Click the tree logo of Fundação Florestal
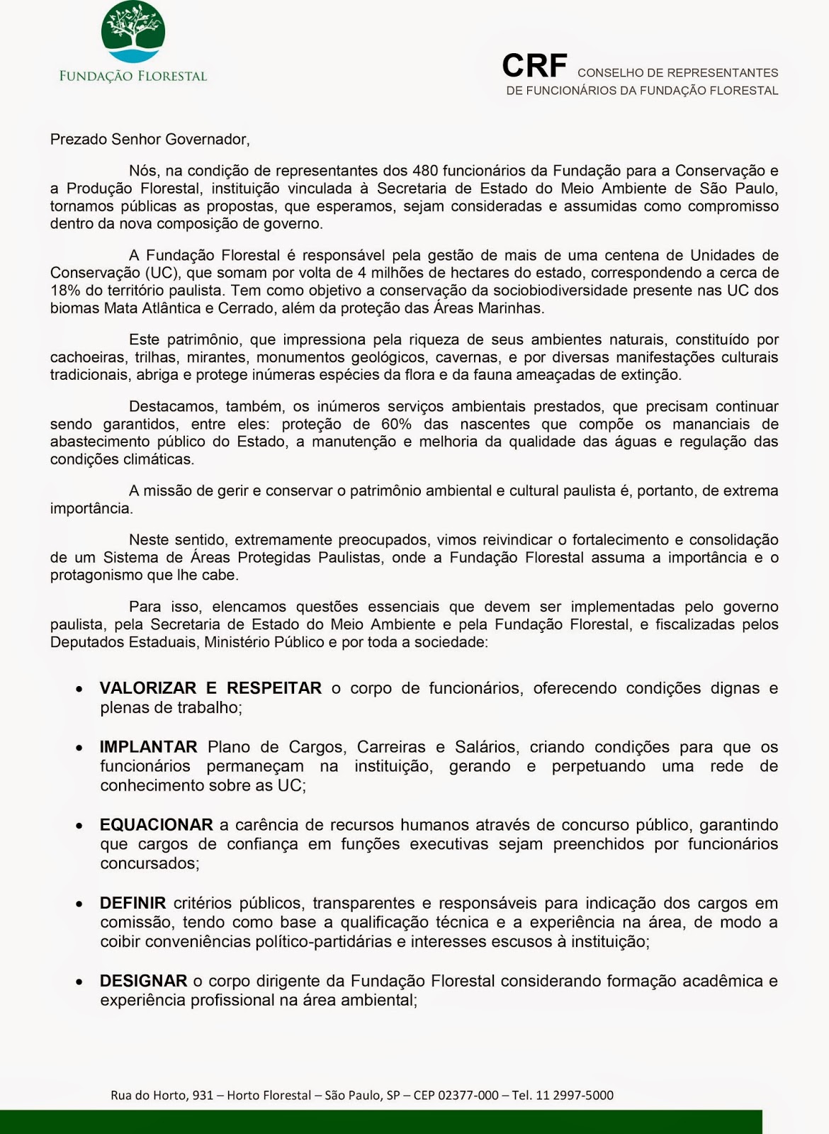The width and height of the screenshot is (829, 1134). (x=133, y=32)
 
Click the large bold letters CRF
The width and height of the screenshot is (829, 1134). (x=534, y=66)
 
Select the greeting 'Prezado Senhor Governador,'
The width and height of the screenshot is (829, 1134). (x=150, y=140)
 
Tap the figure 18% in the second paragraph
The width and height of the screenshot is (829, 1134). (x=64, y=291)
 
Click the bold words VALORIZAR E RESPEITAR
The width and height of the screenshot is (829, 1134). (x=210, y=688)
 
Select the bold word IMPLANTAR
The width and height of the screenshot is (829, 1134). (x=148, y=747)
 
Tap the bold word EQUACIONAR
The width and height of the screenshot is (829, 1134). (x=156, y=825)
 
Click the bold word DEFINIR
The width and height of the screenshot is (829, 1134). (x=132, y=903)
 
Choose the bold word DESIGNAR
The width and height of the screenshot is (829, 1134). (x=143, y=981)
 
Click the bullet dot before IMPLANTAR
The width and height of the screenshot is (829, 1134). (x=81, y=748)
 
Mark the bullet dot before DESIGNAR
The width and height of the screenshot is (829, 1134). (x=81, y=982)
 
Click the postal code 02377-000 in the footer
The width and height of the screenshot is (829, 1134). (x=468, y=1095)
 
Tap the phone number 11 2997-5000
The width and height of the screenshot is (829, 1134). (x=575, y=1095)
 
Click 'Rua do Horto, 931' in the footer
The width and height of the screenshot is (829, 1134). (x=162, y=1095)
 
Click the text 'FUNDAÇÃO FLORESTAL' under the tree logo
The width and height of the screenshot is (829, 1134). (x=133, y=76)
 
